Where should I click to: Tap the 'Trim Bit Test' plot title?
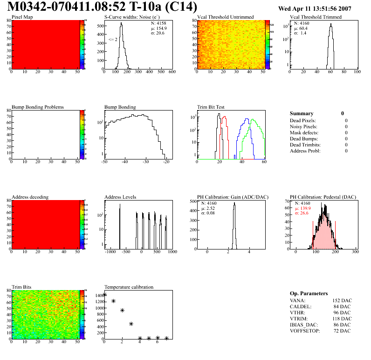(211, 107)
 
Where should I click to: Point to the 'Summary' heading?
(302, 113)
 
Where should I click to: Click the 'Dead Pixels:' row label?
(303, 120)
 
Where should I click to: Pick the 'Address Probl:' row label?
(305, 151)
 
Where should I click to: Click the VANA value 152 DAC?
(342, 301)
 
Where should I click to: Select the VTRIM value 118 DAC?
(342, 319)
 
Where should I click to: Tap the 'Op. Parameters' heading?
(309, 293)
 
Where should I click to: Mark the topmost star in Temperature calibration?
(105, 294)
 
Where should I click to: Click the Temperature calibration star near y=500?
(131, 324)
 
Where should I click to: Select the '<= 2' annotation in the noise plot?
(113, 40)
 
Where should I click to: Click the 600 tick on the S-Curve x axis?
(172, 72)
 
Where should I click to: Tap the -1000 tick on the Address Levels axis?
(110, 251)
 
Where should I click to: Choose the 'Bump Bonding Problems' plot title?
(38, 107)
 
